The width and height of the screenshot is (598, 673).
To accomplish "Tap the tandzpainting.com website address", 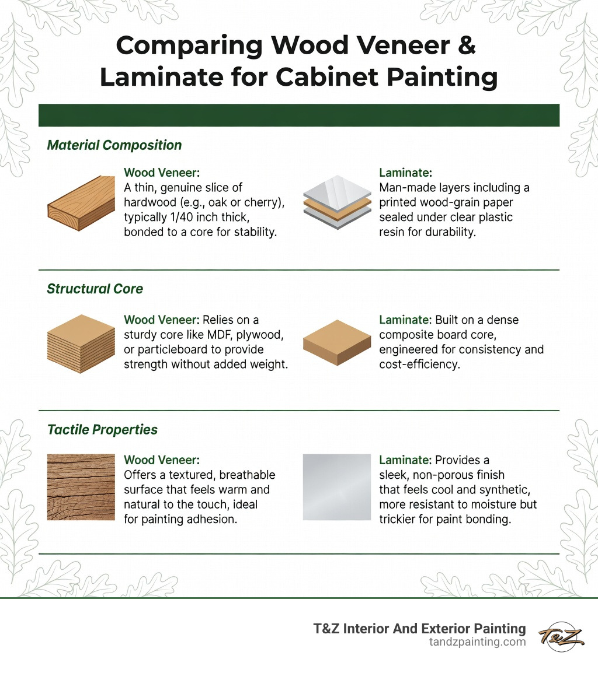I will pos(477,642).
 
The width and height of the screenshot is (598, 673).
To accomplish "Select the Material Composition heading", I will pos(114,145).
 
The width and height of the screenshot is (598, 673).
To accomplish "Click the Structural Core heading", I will pos(95,289).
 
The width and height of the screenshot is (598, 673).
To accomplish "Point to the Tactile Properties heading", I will pos(102,430).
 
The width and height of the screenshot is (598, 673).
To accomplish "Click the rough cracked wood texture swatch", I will pos(81,487).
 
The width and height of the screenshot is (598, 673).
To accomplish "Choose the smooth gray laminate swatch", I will pos(338,487).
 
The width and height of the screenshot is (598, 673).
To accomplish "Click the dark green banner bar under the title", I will pos(299,115).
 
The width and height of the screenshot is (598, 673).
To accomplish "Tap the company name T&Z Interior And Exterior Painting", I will pos(419,629).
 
